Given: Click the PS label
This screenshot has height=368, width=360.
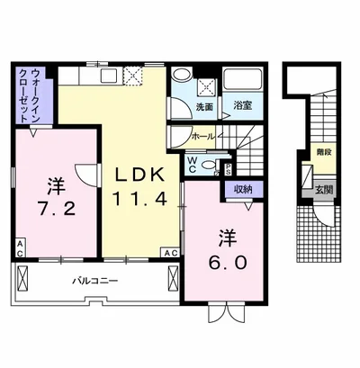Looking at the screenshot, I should tap(228, 166).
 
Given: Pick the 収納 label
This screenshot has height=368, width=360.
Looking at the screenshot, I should tap(243, 189).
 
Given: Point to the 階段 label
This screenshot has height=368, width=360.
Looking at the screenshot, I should tap(322, 154).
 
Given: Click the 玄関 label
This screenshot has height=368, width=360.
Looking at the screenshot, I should tap(323, 189).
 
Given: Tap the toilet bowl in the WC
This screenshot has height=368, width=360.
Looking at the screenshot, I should tap(210, 165).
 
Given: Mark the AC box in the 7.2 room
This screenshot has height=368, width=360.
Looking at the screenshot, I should tap(19, 243).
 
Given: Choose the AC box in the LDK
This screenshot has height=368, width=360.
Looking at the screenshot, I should tap(171, 253).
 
